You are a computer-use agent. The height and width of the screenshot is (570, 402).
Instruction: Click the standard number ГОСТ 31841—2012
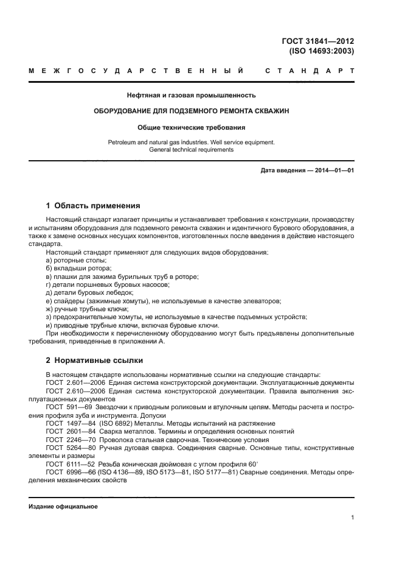click(x=319, y=41)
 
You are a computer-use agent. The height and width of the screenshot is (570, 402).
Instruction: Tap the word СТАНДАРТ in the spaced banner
click(x=310, y=72)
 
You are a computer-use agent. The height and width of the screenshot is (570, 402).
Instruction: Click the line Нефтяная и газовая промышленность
click(x=191, y=95)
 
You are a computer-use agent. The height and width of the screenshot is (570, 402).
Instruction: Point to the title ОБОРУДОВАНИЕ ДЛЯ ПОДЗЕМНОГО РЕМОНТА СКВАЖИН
click(x=191, y=111)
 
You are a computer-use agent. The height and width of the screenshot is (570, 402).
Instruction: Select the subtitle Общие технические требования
click(x=191, y=128)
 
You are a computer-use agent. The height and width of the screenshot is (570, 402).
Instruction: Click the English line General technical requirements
click(x=191, y=149)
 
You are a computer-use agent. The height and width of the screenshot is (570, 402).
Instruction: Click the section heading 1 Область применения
click(x=93, y=205)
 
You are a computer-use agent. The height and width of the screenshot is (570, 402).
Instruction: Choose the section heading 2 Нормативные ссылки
click(x=94, y=359)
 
